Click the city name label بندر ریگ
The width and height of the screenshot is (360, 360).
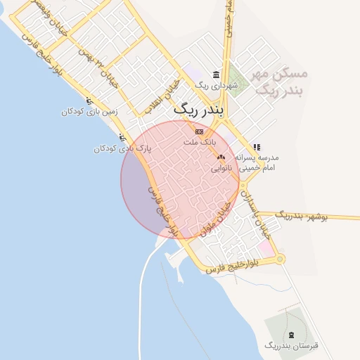click(x=198, y=111)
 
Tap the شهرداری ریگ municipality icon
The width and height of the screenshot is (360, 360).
click(x=215, y=75)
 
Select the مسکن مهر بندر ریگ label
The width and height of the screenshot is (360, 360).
click(x=281, y=82)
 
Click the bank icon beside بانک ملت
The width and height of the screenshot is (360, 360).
click(x=199, y=131)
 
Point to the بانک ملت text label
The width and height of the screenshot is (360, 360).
click(x=198, y=142)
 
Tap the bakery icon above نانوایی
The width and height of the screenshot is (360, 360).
click(x=221, y=158)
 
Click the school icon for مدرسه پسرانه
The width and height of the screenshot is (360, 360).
click(x=256, y=148)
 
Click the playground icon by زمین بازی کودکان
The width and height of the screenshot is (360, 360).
click(x=87, y=101)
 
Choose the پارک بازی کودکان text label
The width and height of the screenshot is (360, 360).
click(x=123, y=148)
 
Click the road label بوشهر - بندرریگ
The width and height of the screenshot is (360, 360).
click(x=303, y=215)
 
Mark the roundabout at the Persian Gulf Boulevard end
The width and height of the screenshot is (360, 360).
click(x=281, y=259)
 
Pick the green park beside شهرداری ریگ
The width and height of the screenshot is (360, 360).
click(x=239, y=77)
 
